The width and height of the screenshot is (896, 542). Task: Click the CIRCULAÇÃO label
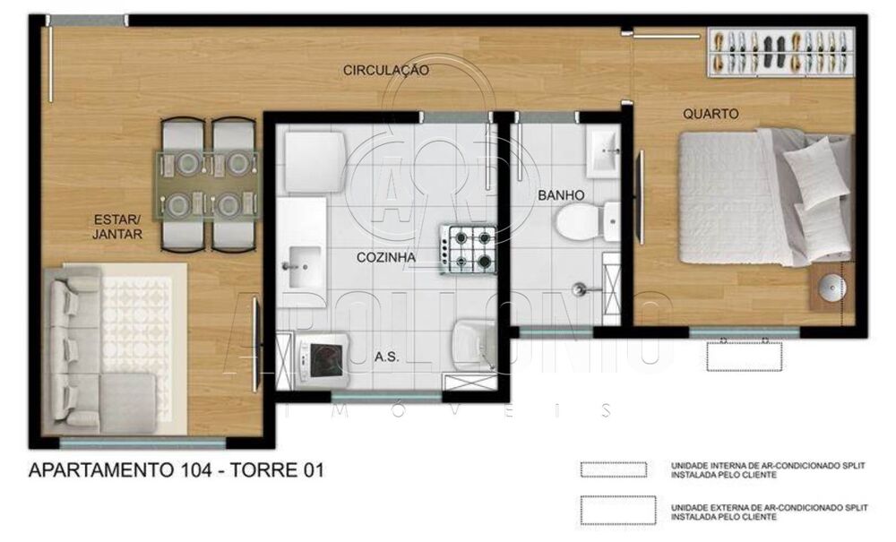tap(385, 70)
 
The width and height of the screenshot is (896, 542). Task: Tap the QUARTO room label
tap(711, 114)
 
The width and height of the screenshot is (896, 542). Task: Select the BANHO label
tap(561, 194)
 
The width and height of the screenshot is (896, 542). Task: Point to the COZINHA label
tap(386, 257)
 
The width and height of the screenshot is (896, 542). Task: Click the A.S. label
tap(386, 356)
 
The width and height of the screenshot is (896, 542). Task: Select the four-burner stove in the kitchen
tap(469, 250)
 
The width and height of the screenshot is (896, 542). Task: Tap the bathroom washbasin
tap(601, 151)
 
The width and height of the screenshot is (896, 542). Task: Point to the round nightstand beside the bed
tap(831, 288)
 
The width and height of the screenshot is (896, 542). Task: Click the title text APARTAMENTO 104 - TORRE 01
tap(176, 470)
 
